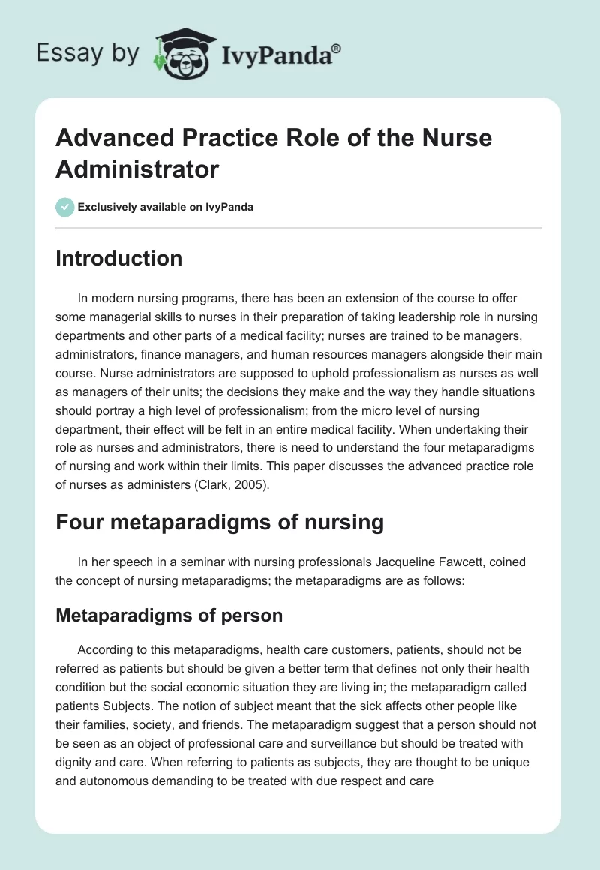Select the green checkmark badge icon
[64, 207]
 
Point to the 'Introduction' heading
[118, 258]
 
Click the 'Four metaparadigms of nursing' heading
[220, 522]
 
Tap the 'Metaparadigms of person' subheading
[169, 616]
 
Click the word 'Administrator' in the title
[137, 169]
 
